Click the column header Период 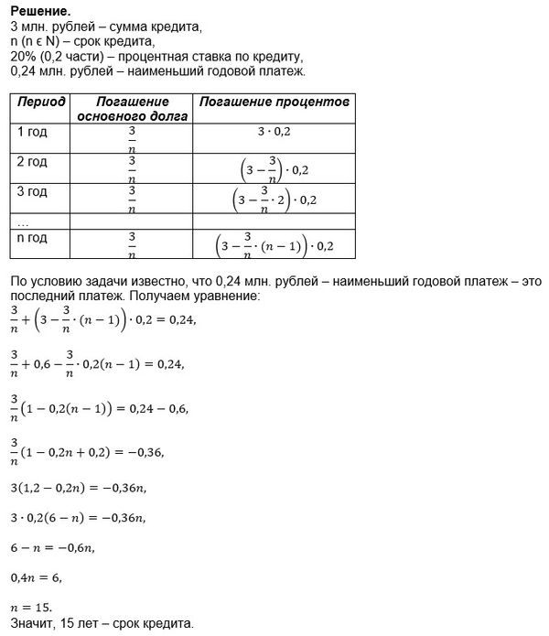coord(42,102)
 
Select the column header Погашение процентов coord(274,102)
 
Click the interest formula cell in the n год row coord(274,245)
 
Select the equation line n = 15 coord(32,607)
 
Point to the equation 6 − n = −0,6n coord(51,548)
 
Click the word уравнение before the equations coord(229,298)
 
